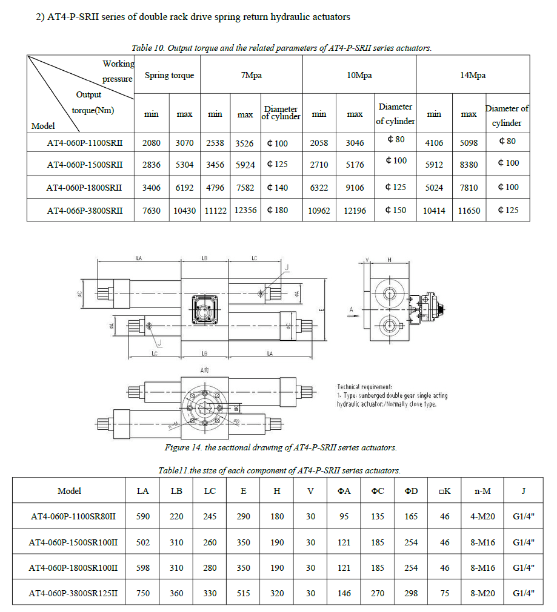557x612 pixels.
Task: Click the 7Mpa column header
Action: pyautogui.click(x=251, y=76)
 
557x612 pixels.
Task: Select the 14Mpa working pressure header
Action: pyautogui.click(x=473, y=76)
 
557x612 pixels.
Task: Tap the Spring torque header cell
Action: pyautogui.click(x=169, y=76)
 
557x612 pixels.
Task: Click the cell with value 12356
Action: pyautogui.click(x=245, y=211)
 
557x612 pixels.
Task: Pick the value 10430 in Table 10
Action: pyautogui.click(x=185, y=211)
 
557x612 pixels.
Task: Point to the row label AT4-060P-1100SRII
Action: pyautogui.click(x=85, y=143)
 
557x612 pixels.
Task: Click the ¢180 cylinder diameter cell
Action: pyautogui.click(x=278, y=211)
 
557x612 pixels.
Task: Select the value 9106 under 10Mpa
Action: pyautogui.click(x=355, y=188)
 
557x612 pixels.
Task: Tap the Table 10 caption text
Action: pyautogui.click(x=281, y=48)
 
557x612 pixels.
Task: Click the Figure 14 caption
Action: pyautogui.click(x=281, y=448)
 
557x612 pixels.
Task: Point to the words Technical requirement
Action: pyautogui.click(x=365, y=387)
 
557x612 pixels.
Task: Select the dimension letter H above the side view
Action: pyautogui.click(x=389, y=260)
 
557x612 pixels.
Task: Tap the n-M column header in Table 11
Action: pyautogui.click(x=482, y=491)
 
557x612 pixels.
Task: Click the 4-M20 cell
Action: pyautogui.click(x=482, y=517)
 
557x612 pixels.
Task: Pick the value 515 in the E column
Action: pyautogui.click(x=243, y=594)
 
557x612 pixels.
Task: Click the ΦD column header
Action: pyautogui.click(x=411, y=491)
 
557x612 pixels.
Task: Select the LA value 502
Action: pyautogui.click(x=143, y=542)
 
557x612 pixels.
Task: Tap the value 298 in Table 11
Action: pyautogui.click(x=411, y=594)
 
